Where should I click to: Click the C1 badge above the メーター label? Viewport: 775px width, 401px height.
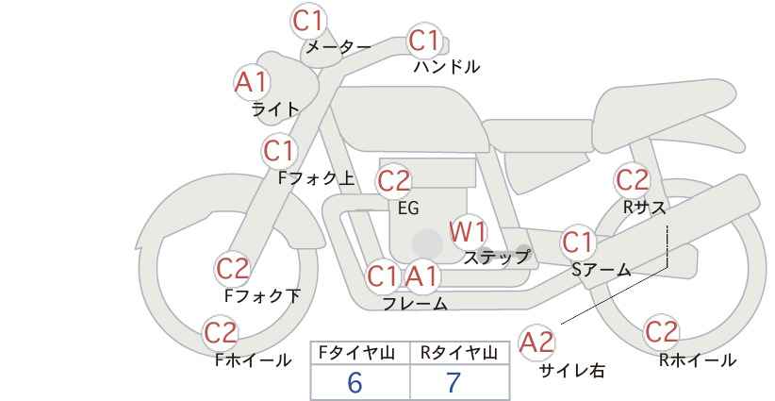(x=307, y=22)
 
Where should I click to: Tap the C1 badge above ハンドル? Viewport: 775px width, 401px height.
(x=424, y=41)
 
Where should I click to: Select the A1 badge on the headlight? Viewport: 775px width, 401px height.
(x=252, y=82)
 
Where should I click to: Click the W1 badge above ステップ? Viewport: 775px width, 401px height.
(x=468, y=232)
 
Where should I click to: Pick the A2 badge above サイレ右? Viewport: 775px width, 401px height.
(x=536, y=343)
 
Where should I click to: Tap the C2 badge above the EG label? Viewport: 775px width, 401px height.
(x=394, y=181)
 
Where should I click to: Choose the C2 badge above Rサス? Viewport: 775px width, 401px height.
(x=632, y=179)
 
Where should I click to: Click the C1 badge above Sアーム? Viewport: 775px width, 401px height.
(x=578, y=242)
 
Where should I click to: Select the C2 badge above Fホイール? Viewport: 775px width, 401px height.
(x=221, y=333)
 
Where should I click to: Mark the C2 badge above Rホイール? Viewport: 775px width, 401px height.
(x=661, y=332)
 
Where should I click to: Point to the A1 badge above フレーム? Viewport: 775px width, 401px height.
(x=422, y=276)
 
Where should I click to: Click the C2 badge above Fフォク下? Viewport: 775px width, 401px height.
(x=232, y=269)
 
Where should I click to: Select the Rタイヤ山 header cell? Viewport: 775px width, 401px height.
(x=460, y=353)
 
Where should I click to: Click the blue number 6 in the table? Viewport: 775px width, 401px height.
(x=355, y=382)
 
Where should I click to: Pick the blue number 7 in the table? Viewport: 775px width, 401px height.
(x=453, y=382)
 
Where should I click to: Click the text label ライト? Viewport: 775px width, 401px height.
(x=275, y=109)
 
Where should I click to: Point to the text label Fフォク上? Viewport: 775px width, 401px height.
(x=317, y=178)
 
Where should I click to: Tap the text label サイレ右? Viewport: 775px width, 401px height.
(x=572, y=370)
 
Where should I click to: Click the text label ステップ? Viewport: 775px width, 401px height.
(x=497, y=258)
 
